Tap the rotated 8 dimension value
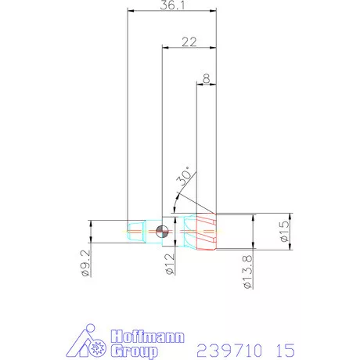206,78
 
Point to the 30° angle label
185,180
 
